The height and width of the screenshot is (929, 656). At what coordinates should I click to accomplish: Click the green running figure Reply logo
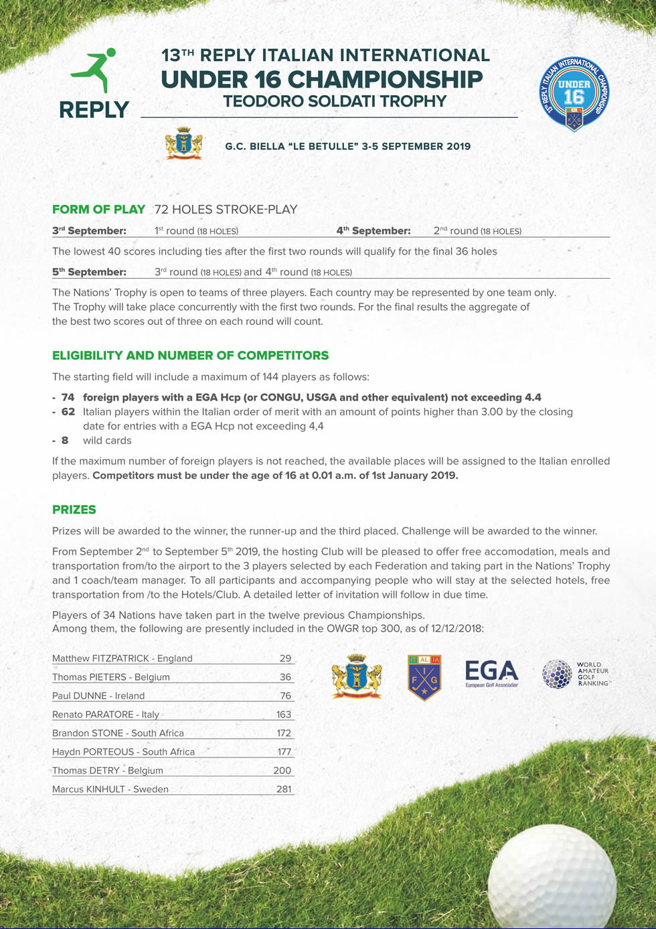click(95, 72)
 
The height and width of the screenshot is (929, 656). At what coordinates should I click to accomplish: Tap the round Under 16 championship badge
click(574, 94)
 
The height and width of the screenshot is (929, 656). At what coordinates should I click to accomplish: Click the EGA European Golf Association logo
click(491, 674)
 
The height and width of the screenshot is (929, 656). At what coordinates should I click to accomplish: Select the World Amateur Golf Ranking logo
click(576, 674)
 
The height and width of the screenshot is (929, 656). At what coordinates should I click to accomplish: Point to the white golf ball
click(553, 877)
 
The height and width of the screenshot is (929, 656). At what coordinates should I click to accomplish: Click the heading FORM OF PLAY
click(98, 210)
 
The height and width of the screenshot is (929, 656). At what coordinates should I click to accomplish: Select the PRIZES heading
click(74, 510)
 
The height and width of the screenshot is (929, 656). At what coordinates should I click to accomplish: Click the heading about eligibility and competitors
click(190, 356)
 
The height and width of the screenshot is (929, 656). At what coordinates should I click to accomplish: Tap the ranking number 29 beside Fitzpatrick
click(285, 658)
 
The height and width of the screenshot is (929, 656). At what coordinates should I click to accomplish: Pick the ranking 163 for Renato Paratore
click(284, 715)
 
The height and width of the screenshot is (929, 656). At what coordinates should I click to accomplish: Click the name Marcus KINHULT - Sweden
click(110, 789)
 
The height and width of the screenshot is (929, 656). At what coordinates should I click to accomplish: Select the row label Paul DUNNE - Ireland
click(98, 696)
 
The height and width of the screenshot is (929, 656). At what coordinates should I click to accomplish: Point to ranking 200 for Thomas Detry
click(282, 770)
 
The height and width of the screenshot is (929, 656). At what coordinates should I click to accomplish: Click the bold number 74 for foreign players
click(68, 397)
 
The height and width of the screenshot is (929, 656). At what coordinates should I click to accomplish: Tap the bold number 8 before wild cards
click(65, 441)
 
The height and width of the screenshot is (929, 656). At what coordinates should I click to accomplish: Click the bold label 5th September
click(89, 272)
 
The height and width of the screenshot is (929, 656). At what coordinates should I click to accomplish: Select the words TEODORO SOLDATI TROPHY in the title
click(335, 102)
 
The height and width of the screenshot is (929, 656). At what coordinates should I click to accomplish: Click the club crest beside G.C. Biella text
click(183, 143)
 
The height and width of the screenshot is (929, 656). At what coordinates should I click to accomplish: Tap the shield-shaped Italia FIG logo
click(424, 677)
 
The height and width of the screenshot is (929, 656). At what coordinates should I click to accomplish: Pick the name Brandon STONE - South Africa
click(118, 733)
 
